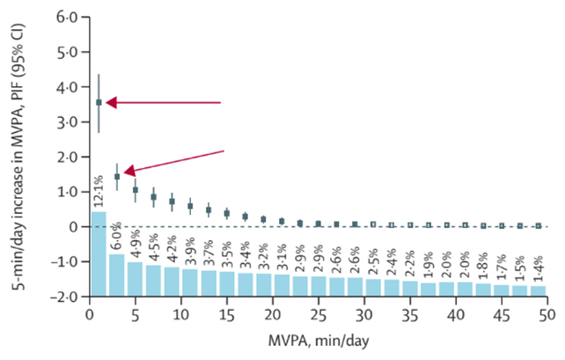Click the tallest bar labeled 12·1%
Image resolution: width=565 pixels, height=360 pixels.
coord(99,255)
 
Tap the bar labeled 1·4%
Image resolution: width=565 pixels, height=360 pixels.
coord(538,291)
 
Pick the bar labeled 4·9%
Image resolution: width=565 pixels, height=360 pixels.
coord(136,280)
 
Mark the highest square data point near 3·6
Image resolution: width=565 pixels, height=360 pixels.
coord(99,103)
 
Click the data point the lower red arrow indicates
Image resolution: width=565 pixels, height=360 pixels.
coord(117,177)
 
